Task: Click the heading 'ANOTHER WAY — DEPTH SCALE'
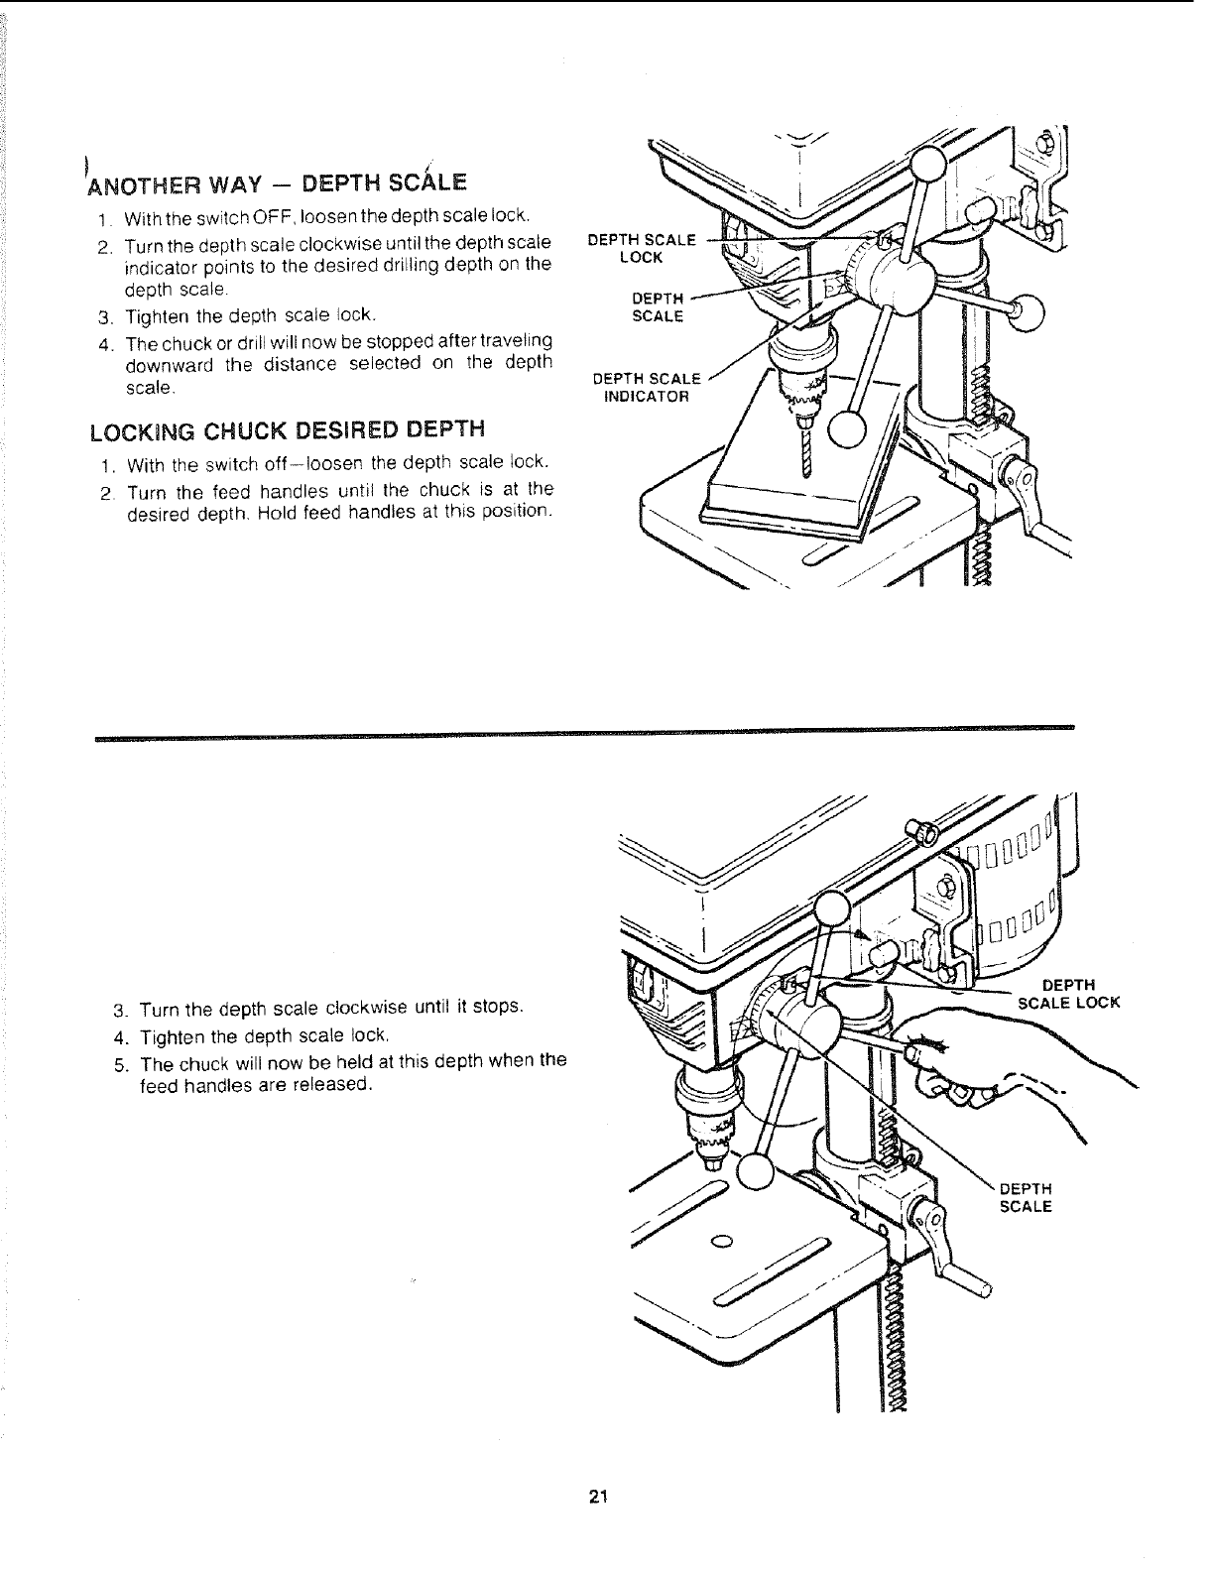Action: [278, 183]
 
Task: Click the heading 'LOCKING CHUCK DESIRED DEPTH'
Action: [288, 430]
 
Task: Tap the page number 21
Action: [597, 1497]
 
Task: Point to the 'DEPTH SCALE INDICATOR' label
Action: [647, 387]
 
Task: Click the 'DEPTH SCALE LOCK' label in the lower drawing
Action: [1069, 993]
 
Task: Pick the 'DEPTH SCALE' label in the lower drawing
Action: [1025, 1198]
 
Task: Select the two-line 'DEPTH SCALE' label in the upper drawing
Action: [658, 307]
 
